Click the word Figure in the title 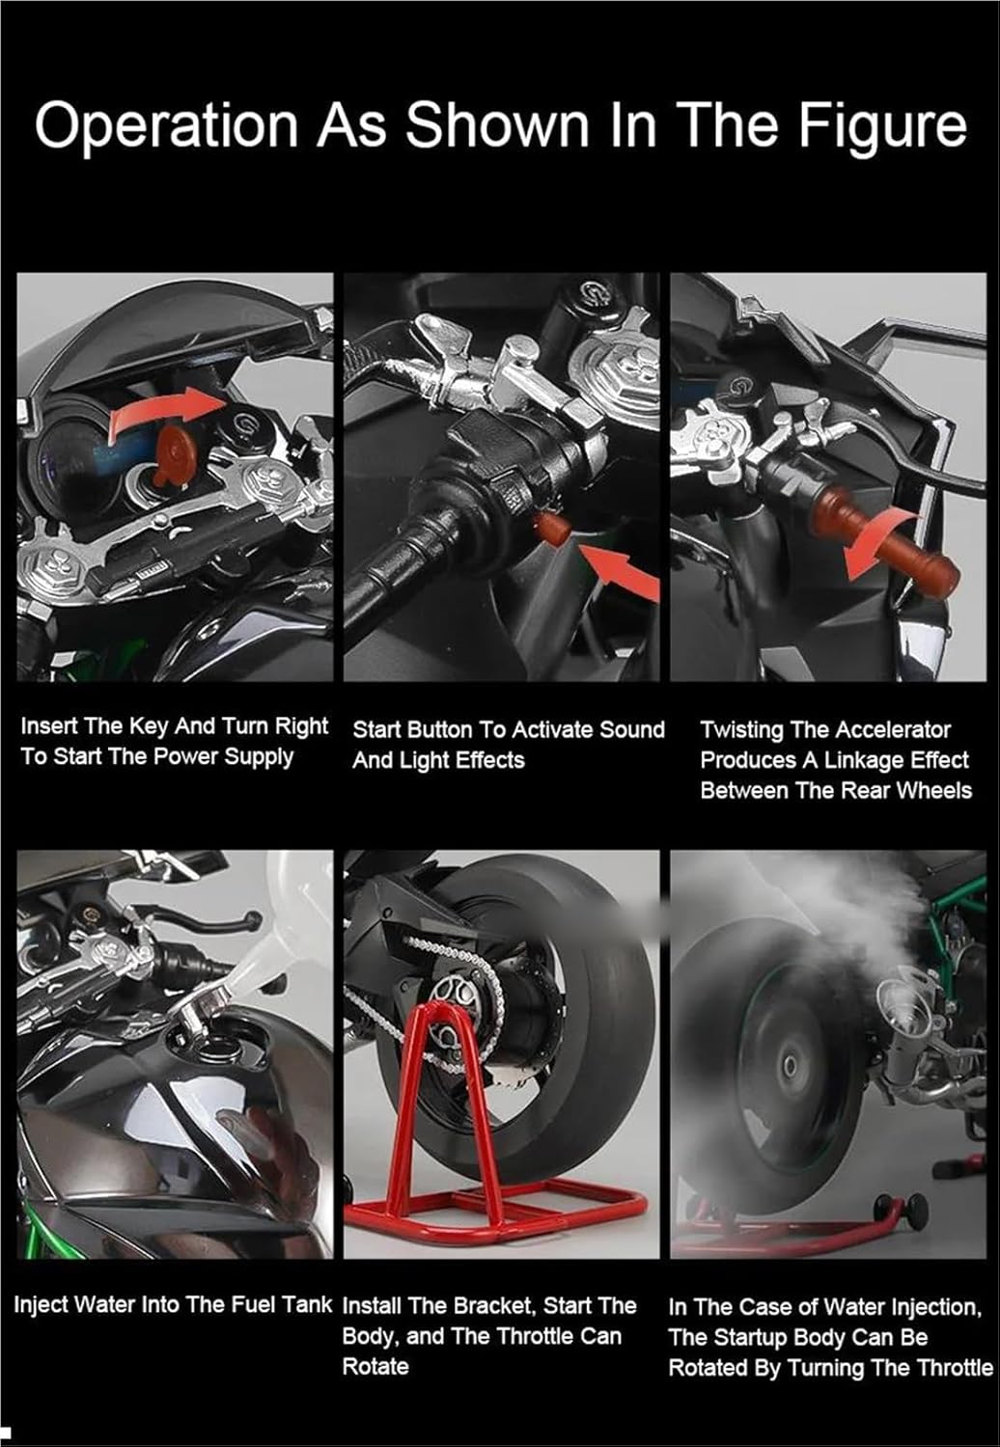883,127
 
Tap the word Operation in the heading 166,126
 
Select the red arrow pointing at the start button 622,568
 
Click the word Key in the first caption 150,726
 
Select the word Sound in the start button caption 631,730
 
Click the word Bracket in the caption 488,1306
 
